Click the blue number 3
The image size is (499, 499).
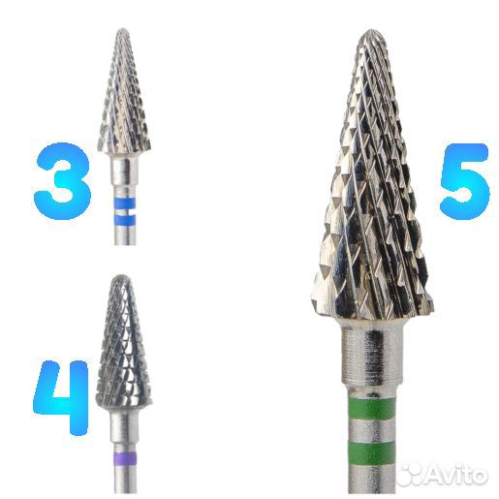[62, 181]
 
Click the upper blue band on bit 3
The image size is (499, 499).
[124, 203]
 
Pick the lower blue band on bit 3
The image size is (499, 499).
[124, 219]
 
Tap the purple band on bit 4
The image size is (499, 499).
[125, 458]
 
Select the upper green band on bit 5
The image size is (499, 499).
[372, 409]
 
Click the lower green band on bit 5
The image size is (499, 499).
[372, 453]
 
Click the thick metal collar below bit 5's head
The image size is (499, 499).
[372, 352]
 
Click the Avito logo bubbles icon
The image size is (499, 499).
[411, 474]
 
